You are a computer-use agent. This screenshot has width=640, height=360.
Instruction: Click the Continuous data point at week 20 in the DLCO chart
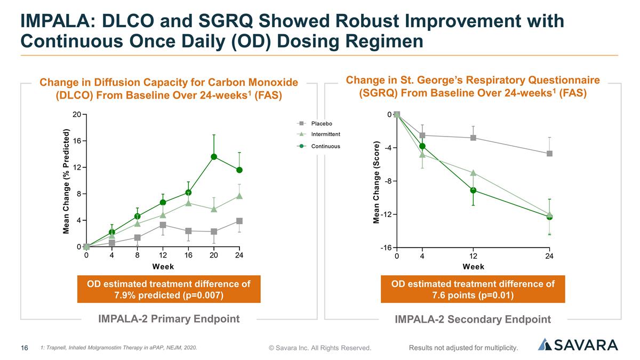[214, 157]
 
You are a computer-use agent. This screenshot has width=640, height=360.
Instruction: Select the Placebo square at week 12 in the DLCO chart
[163, 225]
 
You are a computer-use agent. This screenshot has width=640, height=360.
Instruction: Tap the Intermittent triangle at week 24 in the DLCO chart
[239, 196]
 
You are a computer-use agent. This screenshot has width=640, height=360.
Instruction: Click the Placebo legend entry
[315, 123]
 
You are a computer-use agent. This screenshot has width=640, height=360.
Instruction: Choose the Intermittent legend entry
[318, 134]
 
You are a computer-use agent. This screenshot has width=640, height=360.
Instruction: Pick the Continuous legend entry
[318, 146]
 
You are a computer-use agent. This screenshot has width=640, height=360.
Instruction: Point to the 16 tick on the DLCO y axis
[77, 141]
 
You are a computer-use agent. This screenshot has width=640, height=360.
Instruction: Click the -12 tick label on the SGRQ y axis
[386, 214]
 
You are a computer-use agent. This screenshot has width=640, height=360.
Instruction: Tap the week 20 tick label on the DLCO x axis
[214, 255]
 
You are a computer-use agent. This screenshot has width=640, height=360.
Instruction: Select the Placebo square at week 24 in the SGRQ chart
[549, 154]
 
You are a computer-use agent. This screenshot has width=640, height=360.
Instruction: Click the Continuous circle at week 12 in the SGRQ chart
[473, 190]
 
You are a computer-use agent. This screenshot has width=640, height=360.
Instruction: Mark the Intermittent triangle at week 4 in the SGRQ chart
[422, 155]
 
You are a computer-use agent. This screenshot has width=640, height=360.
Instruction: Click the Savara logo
[578, 345]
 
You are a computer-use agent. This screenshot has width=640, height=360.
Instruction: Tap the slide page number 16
[25, 348]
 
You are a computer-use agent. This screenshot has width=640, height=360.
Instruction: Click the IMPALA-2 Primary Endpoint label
[169, 319]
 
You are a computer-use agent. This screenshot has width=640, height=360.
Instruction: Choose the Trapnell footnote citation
[118, 348]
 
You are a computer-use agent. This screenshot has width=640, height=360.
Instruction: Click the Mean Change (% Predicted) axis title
[66, 181]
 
